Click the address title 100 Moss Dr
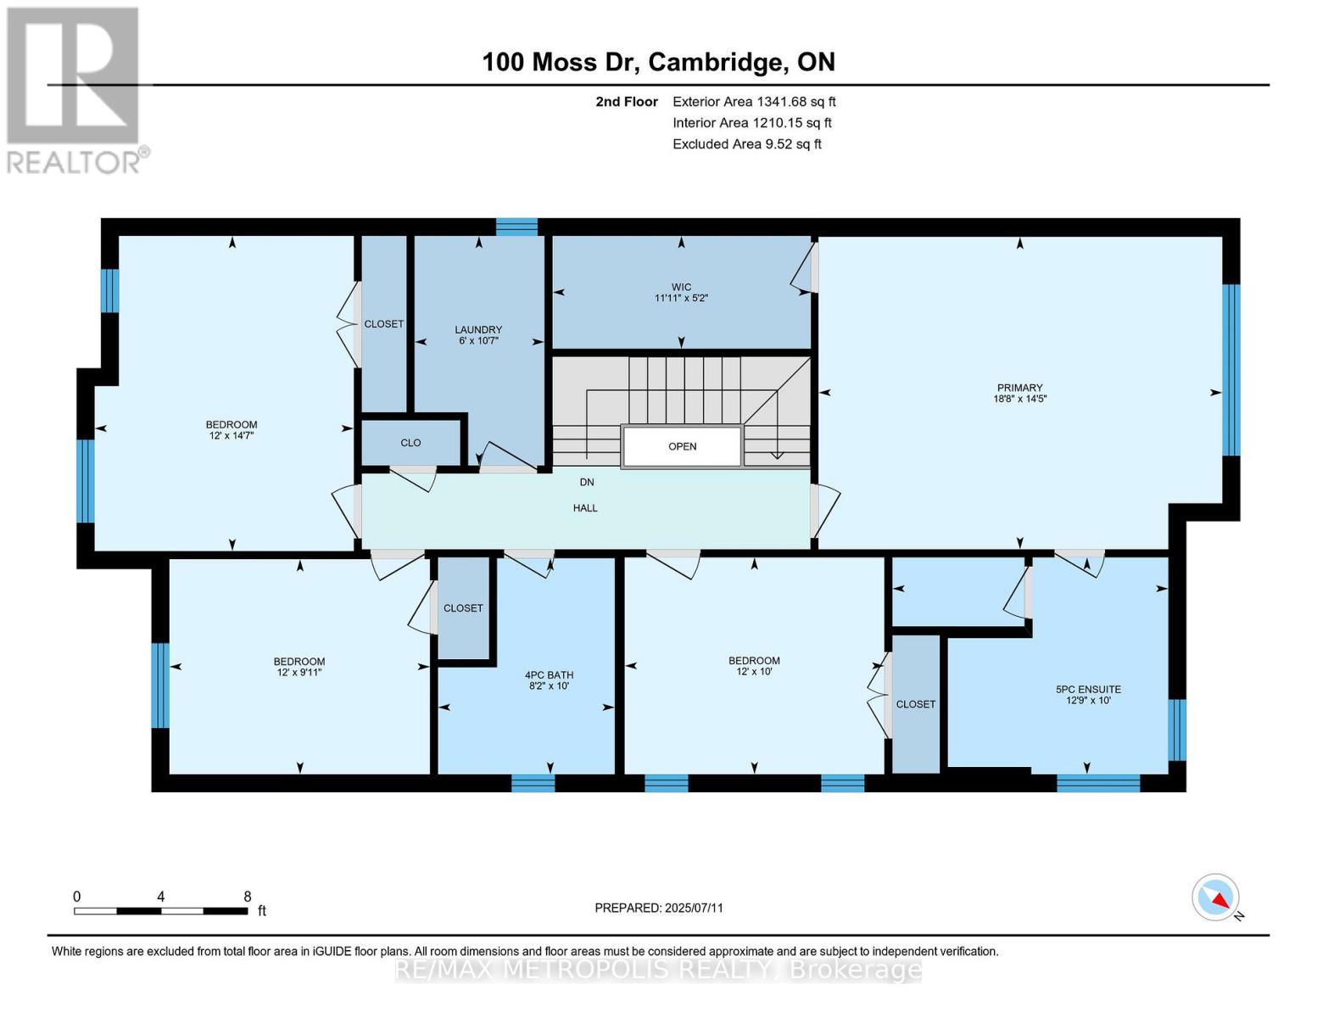click(658, 62)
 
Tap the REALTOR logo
click(75, 89)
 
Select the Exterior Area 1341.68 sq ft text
click(753, 102)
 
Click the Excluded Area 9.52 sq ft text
click(746, 144)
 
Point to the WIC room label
click(680, 288)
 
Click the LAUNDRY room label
click(478, 330)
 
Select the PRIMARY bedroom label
click(1019, 388)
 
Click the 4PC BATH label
click(549, 675)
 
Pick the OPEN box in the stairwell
click(682, 446)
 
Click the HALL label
click(585, 508)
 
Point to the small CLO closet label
click(410, 443)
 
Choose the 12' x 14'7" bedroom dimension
click(232, 435)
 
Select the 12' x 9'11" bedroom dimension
click(299, 672)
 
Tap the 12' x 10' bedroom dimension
click(754, 671)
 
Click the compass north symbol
click(1217, 898)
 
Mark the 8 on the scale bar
click(247, 896)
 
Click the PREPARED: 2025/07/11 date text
click(658, 908)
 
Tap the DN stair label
click(587, 482)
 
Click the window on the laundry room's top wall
click(516, 227)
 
